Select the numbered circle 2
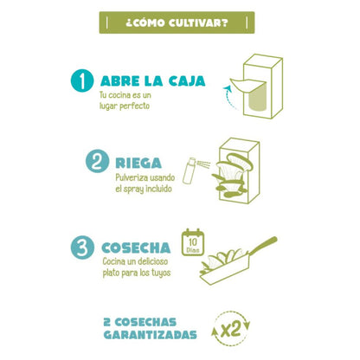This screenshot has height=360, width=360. pyautogui.click(x=96, y=162)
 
